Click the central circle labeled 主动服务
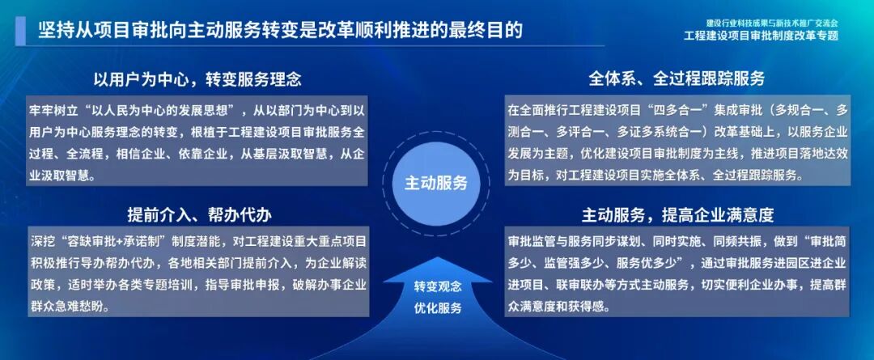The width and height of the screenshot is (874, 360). pyautogui.click(x=436, y=183)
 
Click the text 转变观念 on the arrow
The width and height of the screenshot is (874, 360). pyautogui.click(x=438, y=287)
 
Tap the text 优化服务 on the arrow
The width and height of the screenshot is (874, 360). pyautogui.click(x=438, y=307)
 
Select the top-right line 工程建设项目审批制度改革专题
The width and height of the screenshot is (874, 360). pyautogui.click(x=760, y=36)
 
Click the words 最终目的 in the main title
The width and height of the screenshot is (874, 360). pyautogui.click(x=486, y=29)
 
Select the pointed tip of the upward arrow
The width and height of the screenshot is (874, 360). pyautogui.click(x=438, y=257)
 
